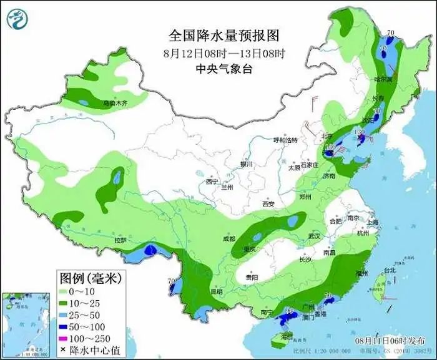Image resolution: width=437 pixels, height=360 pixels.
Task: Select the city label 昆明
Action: (x=215, y=291)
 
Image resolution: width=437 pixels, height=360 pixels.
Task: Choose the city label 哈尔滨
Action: (x=383, y=80)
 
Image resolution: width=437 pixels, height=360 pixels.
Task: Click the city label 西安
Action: (x=268, y=204)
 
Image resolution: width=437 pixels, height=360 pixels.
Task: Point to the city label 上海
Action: (x=373, y=221)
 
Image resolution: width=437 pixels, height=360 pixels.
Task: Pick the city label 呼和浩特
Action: (x=291, y=140)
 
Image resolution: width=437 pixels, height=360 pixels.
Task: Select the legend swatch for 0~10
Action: (x=64, y=291)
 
